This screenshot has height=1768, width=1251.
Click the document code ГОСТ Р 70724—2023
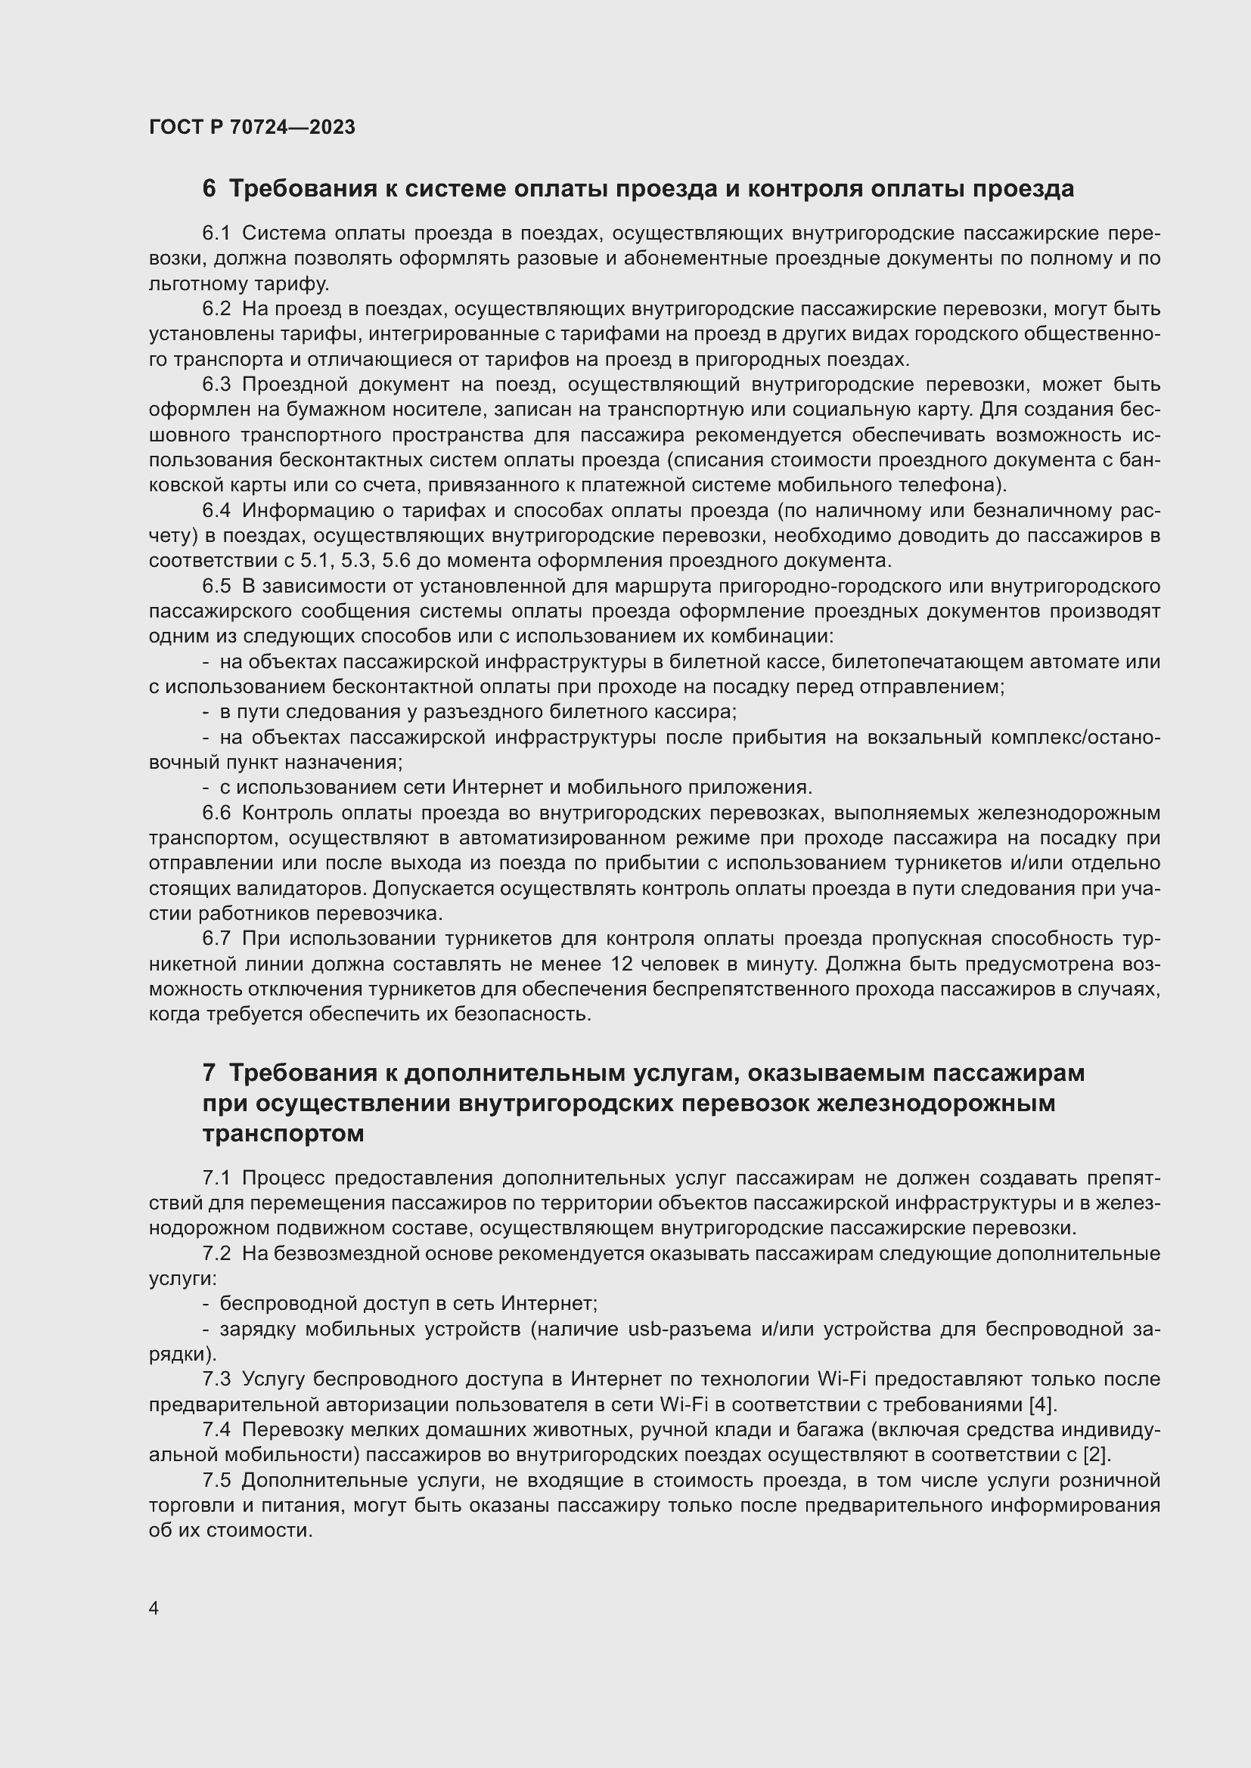[x=252, y=128]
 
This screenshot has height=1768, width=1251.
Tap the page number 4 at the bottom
[x=154, y=1607]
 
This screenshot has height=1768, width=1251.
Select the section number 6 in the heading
[x=209, y=189]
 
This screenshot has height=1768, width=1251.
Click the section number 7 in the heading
[x=209, y=1073]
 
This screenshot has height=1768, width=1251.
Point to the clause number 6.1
[x=216, y=234]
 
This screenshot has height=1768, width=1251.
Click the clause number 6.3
[x=216, y=384]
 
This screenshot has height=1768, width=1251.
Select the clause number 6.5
[x=216, y=586]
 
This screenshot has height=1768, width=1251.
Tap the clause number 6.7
[x=216, y=939]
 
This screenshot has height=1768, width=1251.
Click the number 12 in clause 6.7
[x=623, y=964]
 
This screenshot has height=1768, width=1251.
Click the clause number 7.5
[x=216, y=1480]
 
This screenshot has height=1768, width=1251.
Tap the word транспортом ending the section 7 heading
[x=283, y=1135]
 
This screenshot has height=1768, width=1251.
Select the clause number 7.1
[x=216, y=1178]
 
